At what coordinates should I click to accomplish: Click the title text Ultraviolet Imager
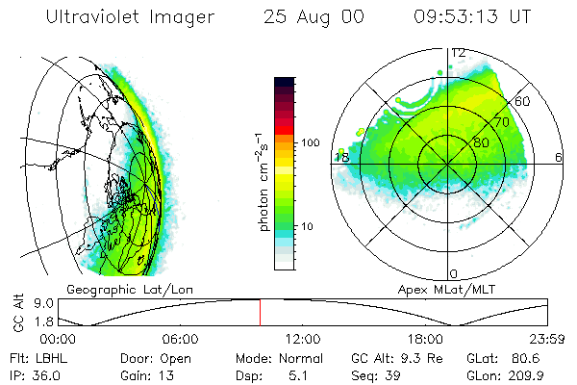click(x=131, y=17)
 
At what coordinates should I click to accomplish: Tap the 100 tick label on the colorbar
click(x=309, y=142)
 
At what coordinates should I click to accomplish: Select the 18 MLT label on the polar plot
click(x=340, y=157)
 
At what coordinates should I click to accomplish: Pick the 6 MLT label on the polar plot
click(x=559, y=157)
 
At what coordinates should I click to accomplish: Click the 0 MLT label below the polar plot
click(x=454, y=273)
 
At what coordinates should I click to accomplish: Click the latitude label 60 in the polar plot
click(x=523, y=101)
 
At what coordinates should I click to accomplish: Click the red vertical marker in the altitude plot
click(x=260, y=312)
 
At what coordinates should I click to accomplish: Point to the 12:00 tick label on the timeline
click(x=303, y=340)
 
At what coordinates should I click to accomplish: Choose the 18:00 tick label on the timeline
click(x=425, y=340)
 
